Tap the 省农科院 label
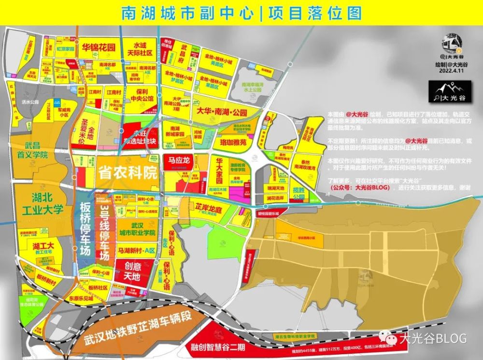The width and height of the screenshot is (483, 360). (128, 173)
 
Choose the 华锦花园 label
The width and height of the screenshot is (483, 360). (98, 47)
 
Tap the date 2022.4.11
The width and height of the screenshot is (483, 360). (450, 71)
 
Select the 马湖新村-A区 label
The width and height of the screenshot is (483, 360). (137, 250)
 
